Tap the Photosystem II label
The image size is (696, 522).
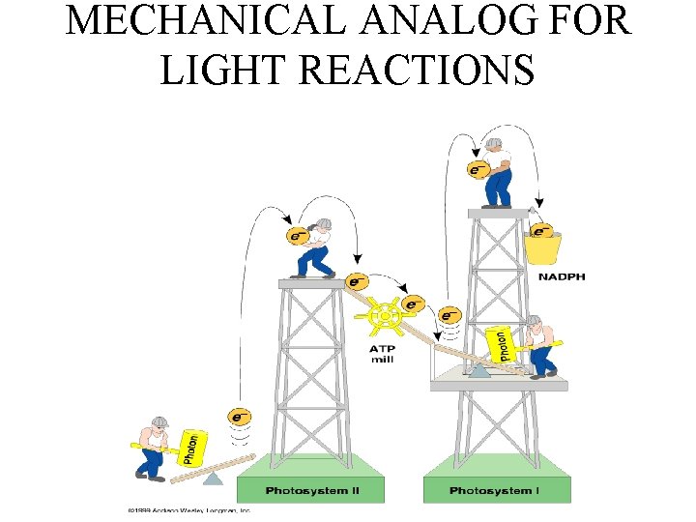tap(311, 491)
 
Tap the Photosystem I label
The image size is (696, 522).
tap(496, 491)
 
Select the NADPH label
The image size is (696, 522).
tap(562, 277)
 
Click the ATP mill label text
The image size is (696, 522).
tap(382, 354)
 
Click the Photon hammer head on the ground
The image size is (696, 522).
tap(191, 448)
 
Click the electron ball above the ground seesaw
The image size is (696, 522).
tap(239, 418)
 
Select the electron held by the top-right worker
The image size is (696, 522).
tap(478, 170)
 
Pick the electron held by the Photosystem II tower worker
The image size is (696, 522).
tap(298, 235)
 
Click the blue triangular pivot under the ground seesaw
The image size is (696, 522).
tap(214, 477)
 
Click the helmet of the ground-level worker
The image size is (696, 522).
tap(159, 423)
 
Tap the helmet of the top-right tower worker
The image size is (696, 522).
tap(495, 144)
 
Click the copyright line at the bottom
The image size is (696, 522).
tap(188, 509)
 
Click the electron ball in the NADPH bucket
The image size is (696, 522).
tap(542, 232)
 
